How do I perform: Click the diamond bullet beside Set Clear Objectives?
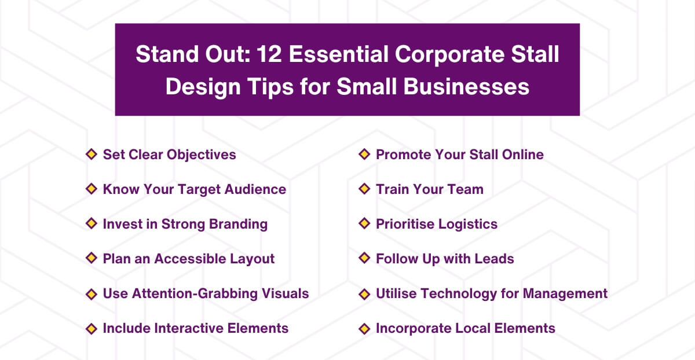(91, 154)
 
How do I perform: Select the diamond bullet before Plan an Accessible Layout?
(91, 258)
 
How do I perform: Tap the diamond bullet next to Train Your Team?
(364, 189)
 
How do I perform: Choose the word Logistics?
(467, 224)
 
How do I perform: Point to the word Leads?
(495, 259)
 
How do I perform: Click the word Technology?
(460, 293)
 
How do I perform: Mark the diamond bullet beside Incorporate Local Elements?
(364, 328)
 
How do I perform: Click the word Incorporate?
(413, 328)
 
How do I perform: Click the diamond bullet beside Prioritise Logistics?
(364, 223)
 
